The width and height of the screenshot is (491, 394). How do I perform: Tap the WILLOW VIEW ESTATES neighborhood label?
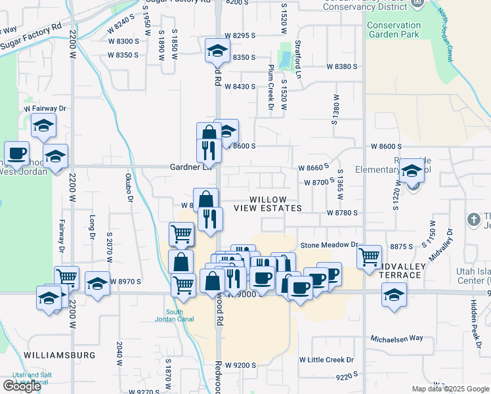coord(276,204)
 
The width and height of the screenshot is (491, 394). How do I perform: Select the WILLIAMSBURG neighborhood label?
coord(59,355)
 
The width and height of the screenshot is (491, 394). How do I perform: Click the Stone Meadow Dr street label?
coord(329,245)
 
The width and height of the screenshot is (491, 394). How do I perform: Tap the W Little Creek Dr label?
coord(326,360)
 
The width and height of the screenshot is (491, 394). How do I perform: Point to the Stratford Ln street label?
coord(297,59)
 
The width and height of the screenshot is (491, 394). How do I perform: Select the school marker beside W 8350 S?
coord(217,50)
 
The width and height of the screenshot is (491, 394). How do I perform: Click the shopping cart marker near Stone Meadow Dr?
coord(370,255)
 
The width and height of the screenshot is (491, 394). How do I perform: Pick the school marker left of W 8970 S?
coord(97,283)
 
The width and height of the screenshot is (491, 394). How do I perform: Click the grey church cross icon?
coord(473,219)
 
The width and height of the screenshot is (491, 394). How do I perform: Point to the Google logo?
coord(22,386)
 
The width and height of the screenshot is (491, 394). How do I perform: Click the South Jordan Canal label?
coord(174,316)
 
